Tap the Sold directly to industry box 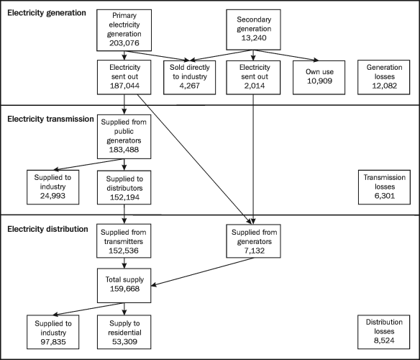[x=191, y=78]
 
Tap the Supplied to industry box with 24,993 [x=53, y=187]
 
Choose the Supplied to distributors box [x=126, y=187]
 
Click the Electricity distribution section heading [x=47, y=228]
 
